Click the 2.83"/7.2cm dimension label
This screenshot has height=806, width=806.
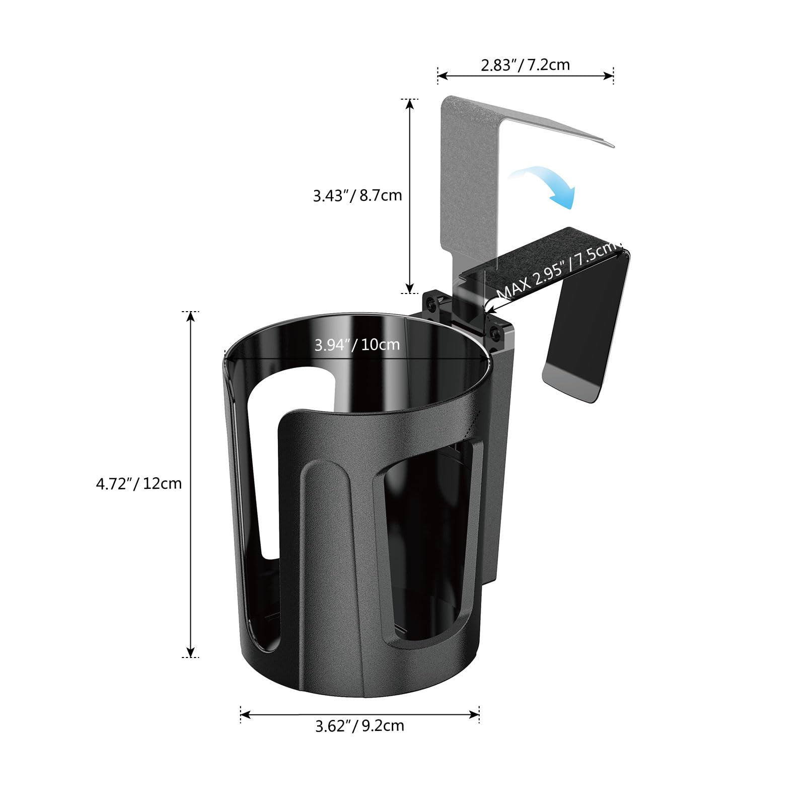(525, 65)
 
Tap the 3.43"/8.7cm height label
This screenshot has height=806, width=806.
(357, 195)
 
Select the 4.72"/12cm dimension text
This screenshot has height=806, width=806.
(139, 483)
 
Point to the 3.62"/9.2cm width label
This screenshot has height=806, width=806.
(359, 725)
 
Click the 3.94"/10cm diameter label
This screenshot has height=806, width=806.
(357, 345)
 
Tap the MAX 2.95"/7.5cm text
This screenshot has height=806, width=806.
(556, 270)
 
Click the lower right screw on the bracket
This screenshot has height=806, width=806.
(496, 333)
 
